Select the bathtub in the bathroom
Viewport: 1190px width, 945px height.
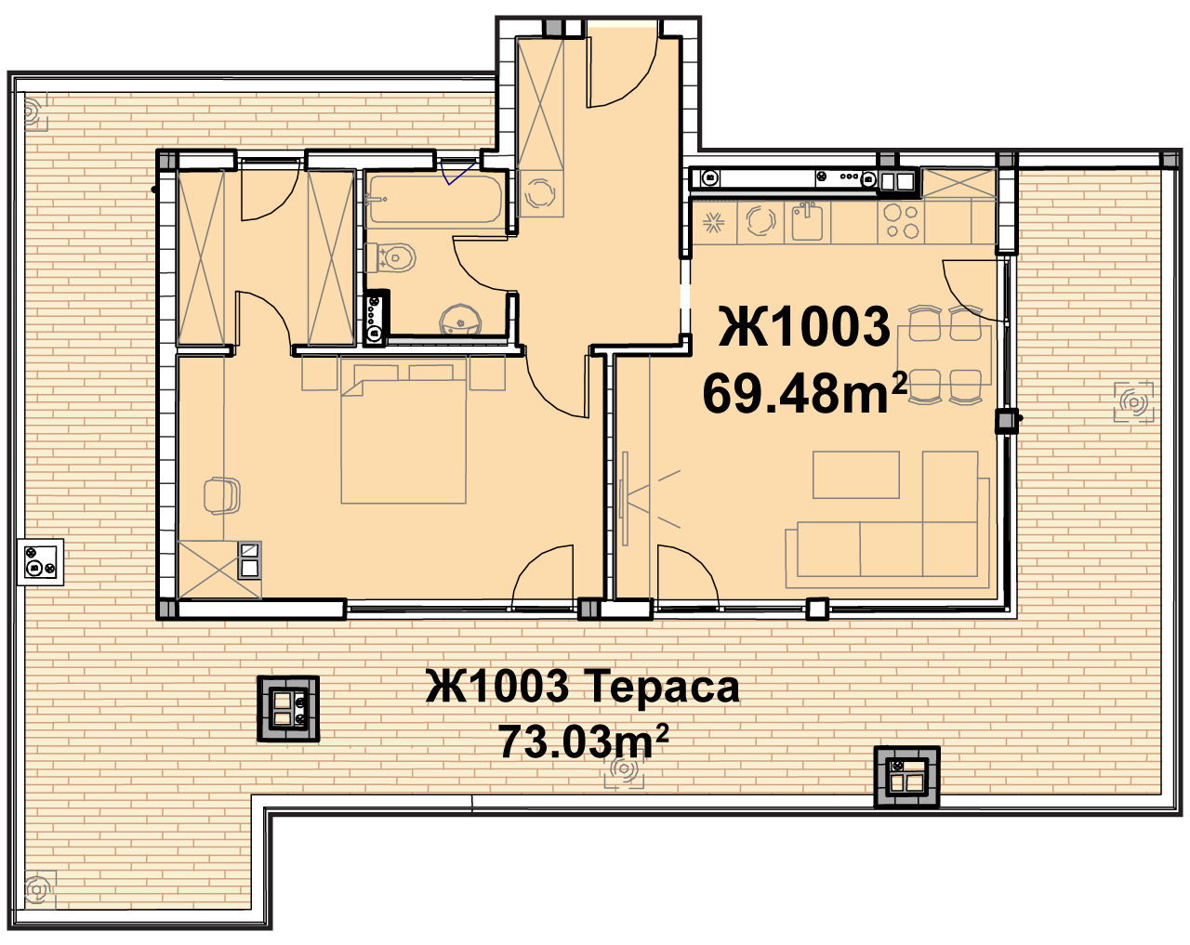coord(435,199)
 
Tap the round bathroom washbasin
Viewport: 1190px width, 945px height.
coord(460,320)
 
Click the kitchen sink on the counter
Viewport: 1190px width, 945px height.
coord(807,221)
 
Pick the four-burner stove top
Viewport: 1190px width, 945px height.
coord(900,221)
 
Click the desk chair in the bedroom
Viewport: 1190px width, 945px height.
coord(222,495)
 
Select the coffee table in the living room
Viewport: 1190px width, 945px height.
coord(855,475)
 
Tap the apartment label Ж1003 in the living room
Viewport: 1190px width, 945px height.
coord(804,326)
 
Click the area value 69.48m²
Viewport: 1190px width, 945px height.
coord(804,393)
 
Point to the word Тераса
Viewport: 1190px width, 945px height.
coord(661,687)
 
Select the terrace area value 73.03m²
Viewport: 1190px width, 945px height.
coord(584,742)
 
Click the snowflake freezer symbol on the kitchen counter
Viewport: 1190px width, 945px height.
coord(713,223)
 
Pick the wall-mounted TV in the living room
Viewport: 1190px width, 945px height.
coord(626,498)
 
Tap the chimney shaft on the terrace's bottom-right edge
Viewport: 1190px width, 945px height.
coord(906,777)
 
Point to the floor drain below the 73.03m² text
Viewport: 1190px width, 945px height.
coord(624,768)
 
